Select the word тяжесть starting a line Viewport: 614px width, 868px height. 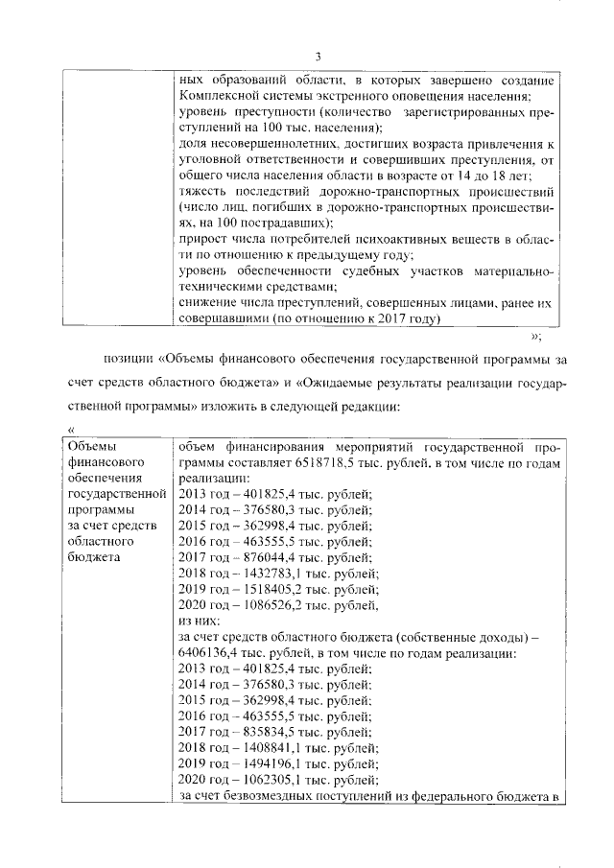point(201,191)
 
